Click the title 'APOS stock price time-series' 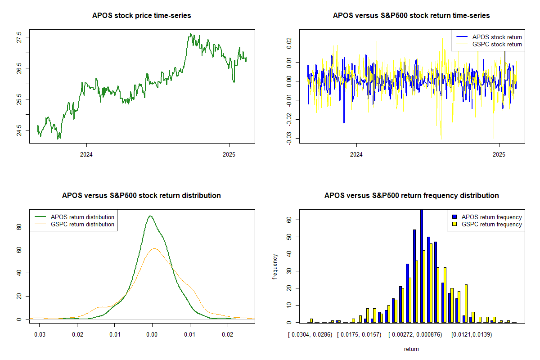pyautogui.click(x=142, y=16)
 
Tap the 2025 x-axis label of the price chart pyautogui.click(x=229, y=155)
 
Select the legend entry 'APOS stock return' pyautogui.click(x=497, y=37)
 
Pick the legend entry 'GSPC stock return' pyautogui.click(x=497, y=44)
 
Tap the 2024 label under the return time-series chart pyautogui.click(x=356, y=155)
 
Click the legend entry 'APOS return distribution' pyautogui.click(x=82, y=217)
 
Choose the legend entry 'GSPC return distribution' pyautogui.click(x=82, y=224)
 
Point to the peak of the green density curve pyautogui.click(x=150, y=216)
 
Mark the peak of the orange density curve pyautogui.click(x=154, y=248)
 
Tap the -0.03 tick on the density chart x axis pyautogui.click(x=39, y=334)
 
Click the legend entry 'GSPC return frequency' pyautogui.click(x=491, y=224)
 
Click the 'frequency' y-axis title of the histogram pyautogui.click(x=275, y=266)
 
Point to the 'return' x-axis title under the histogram pyautogui.click(x=411, y=349)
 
